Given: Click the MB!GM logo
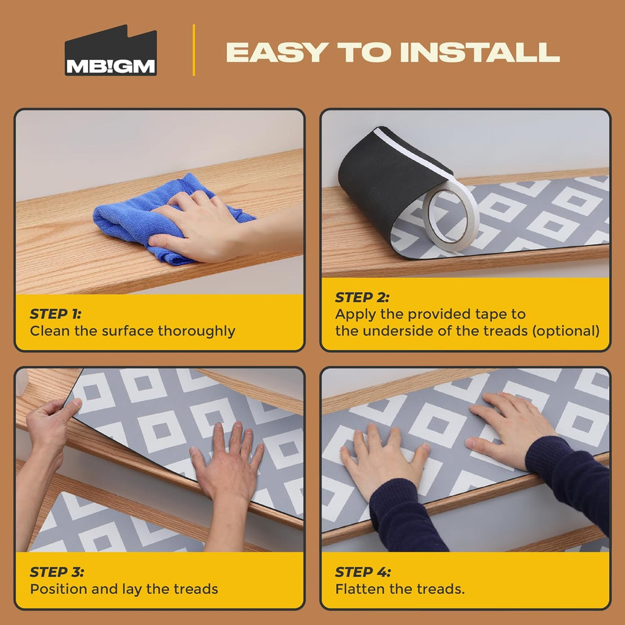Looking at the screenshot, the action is pyautogui.click(x=110, y=51).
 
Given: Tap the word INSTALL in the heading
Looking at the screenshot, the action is pyautogui.click(x=480, y=52).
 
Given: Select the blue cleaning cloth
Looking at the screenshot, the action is pyautogui.click(x=167, y=219).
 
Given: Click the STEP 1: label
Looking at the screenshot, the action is pyautogui.click(x=56, y=314).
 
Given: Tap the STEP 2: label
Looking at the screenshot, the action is pyautogui.click(x=362, y=297).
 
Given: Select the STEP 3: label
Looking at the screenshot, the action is pyautogui.click(x=57, y=572).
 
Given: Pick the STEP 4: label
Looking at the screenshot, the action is pyautogui.click(x=363, y=572).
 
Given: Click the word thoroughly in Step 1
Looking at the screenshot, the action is pyautogui.click(x=196, y=331).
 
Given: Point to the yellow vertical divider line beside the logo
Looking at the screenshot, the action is pyautogui.click(x=193, y=50).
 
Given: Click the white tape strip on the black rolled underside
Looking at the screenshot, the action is pyautogui.click(x=413, y=153).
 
